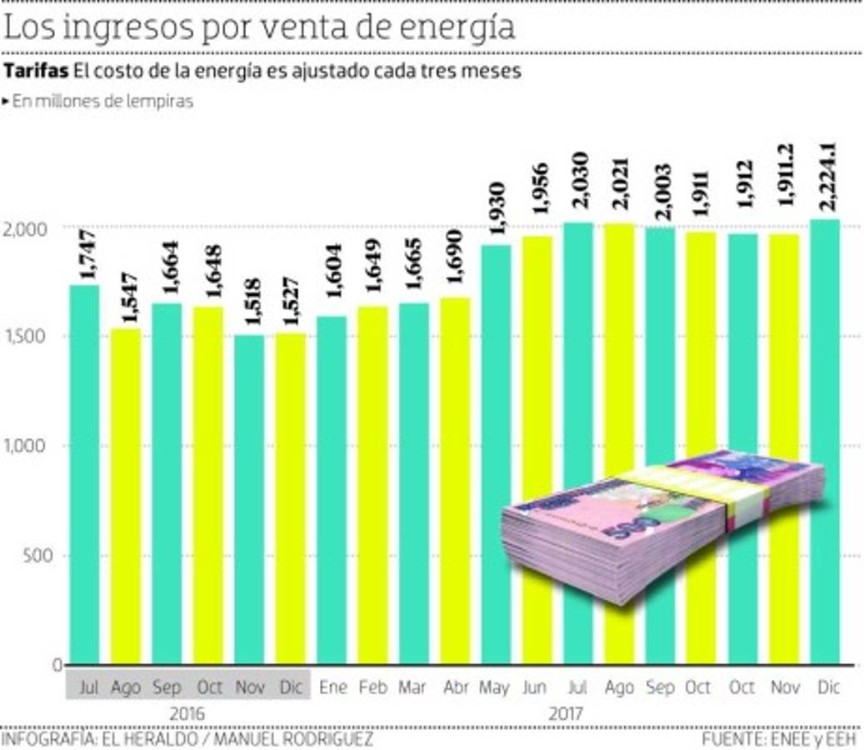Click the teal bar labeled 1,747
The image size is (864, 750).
point(84,475)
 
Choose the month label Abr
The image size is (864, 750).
point(456,688)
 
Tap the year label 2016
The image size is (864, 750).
point(187,714)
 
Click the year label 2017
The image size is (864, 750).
point(567,714)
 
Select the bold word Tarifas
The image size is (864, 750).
point(35,72)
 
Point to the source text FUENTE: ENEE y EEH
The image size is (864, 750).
point(780,739)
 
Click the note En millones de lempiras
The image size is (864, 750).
point(102,102)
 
